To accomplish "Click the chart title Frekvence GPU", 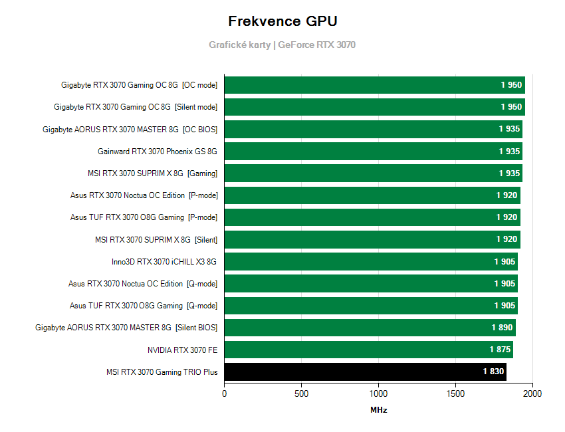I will tap(282, 21).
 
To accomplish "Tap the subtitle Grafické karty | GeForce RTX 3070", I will tap(282, 45).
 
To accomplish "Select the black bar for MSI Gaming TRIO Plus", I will tap(365, 372).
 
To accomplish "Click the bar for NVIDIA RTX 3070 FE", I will tap(368, 350).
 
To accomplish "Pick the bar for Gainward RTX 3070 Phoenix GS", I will tap(373, 152).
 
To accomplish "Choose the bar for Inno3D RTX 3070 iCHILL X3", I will tap(371, 262).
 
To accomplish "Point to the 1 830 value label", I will tap(493, 372).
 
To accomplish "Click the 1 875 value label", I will tap(500, 350).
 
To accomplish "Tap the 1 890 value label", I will tap(503, 328).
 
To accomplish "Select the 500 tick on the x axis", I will tap(301, 393).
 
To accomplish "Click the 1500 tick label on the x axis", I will tap(455, 393).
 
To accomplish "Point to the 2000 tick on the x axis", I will tap(532, 393).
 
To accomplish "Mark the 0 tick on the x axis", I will tap(224, 393).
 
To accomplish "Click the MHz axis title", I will tap(378, 410).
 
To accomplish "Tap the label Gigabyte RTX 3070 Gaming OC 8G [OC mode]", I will tap(139, 85).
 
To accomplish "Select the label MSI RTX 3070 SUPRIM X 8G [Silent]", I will tap(156, 239).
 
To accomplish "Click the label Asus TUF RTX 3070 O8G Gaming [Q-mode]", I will tap(143, 306).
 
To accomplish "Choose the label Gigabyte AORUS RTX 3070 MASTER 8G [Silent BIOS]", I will tap(126, 328).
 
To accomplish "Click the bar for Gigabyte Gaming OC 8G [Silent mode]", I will tap(374, 107).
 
